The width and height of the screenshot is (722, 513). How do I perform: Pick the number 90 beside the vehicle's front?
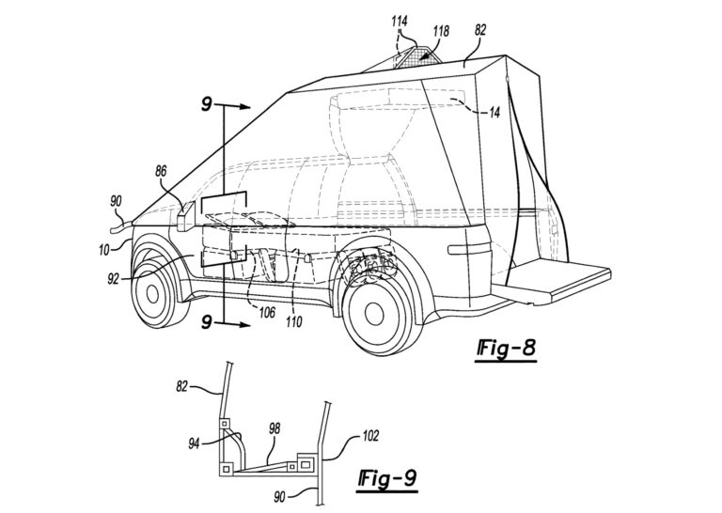pos(116,200)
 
